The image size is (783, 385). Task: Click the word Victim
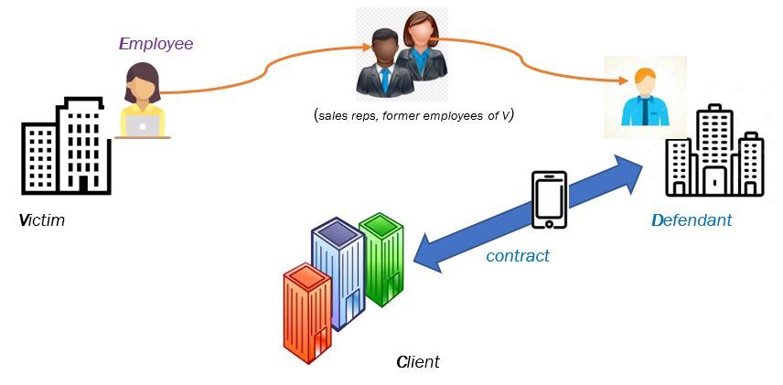42,220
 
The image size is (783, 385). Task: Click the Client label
418,362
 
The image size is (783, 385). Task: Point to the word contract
518,256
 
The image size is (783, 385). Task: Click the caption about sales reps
413,114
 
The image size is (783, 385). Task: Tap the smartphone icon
549,199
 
